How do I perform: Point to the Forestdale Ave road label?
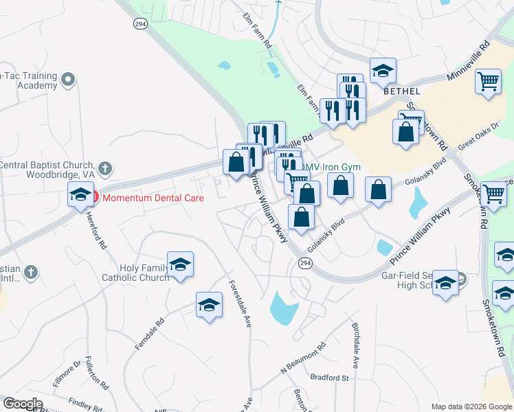(x=240, y=303)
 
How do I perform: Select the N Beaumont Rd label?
(x=302, y=362)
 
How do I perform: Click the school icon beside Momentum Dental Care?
(x=80, y=196)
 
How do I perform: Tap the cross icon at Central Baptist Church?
(x=105, y=168)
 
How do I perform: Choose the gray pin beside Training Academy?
(x=67, y=80)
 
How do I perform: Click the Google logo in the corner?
(x=23, y=404)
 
